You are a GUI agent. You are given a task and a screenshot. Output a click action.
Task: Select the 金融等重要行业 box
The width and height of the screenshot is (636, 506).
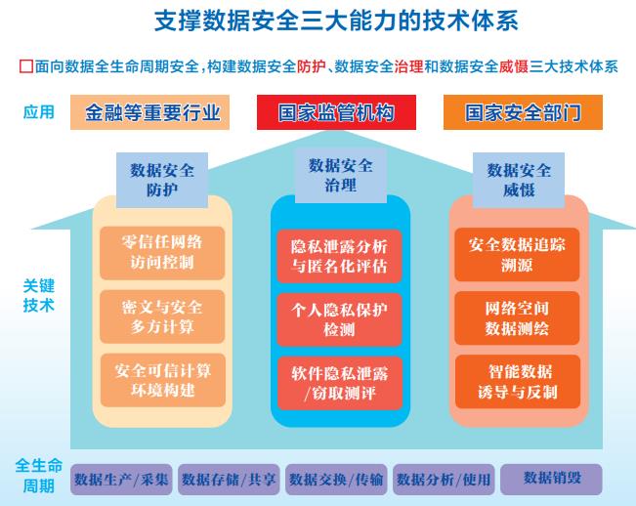click(152, 112)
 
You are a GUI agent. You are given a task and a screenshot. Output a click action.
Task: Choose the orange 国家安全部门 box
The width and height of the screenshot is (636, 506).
click(522, 112)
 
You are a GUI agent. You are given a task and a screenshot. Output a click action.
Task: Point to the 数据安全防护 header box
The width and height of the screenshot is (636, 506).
click(162, 179)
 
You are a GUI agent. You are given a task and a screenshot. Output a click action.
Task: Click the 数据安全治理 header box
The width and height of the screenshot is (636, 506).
click(339, 175)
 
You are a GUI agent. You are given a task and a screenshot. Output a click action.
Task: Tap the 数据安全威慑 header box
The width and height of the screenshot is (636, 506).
click(519, 180)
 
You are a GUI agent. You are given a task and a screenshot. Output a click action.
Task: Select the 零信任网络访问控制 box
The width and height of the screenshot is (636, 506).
click(162, 251)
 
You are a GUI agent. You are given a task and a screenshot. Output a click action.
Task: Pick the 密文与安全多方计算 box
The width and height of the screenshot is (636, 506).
click(162, 316)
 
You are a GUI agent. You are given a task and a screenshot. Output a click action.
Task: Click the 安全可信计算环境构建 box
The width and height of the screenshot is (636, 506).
click(162, 380)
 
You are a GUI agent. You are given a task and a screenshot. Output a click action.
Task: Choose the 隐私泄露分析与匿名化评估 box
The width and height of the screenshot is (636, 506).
click(339, 253)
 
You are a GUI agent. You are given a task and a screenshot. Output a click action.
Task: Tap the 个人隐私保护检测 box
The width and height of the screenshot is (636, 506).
click(339, 318)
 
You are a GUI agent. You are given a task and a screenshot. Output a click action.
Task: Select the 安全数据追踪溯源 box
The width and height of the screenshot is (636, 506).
click(519, 251)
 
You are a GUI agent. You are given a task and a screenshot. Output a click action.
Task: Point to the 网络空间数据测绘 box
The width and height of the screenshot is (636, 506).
click(519, 316)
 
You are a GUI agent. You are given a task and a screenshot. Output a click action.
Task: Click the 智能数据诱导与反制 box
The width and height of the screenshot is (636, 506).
click(519, 381)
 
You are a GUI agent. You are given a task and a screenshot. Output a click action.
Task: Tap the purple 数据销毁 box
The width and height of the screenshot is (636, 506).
click(551, 479)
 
